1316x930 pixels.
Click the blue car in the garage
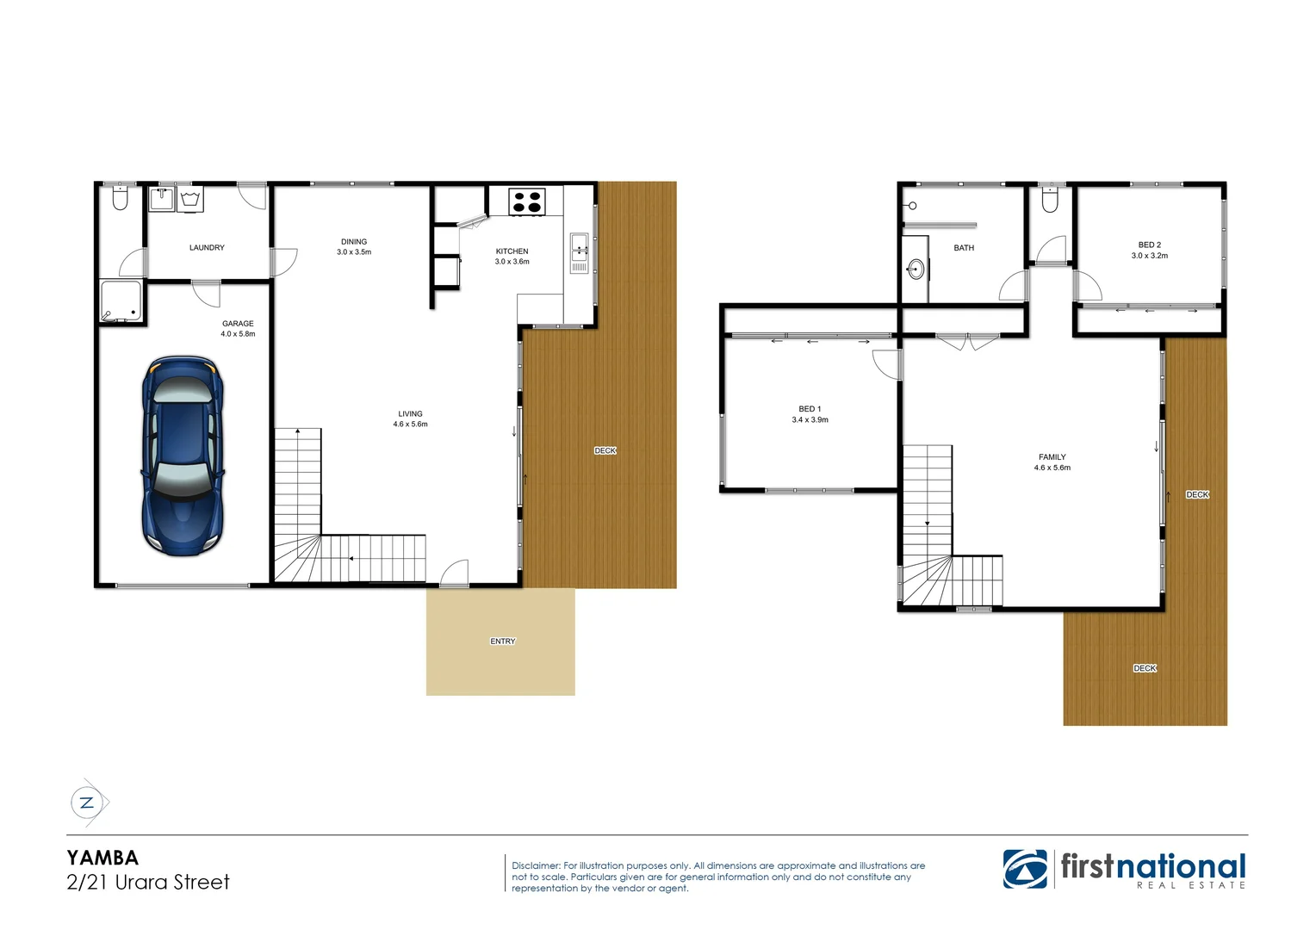(x=183, y=456)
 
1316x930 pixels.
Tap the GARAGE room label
(x=238, y=324)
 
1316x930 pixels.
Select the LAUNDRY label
(x=207, y=248)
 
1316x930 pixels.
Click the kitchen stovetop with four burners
(x=526, y=201)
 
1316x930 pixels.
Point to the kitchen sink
(x=579, y=247)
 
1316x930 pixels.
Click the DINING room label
(x=354, y=242)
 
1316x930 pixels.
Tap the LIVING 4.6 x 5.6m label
(x=410, y=418)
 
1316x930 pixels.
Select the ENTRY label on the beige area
(x=503, y=642)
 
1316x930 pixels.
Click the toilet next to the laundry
(x=120, y=199)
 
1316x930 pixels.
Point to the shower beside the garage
(x=121, y=301)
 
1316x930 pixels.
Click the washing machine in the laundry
(x=190, y=200)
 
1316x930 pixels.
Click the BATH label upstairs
(x=964, y=248)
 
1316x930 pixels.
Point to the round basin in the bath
(x=916, y=270)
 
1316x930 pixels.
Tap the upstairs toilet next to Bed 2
(x=1050, y=201)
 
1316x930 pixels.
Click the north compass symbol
(x=87, y=803)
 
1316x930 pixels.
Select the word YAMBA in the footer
(x=102, y=858)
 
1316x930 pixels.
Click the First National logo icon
(x=1025, y=869)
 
